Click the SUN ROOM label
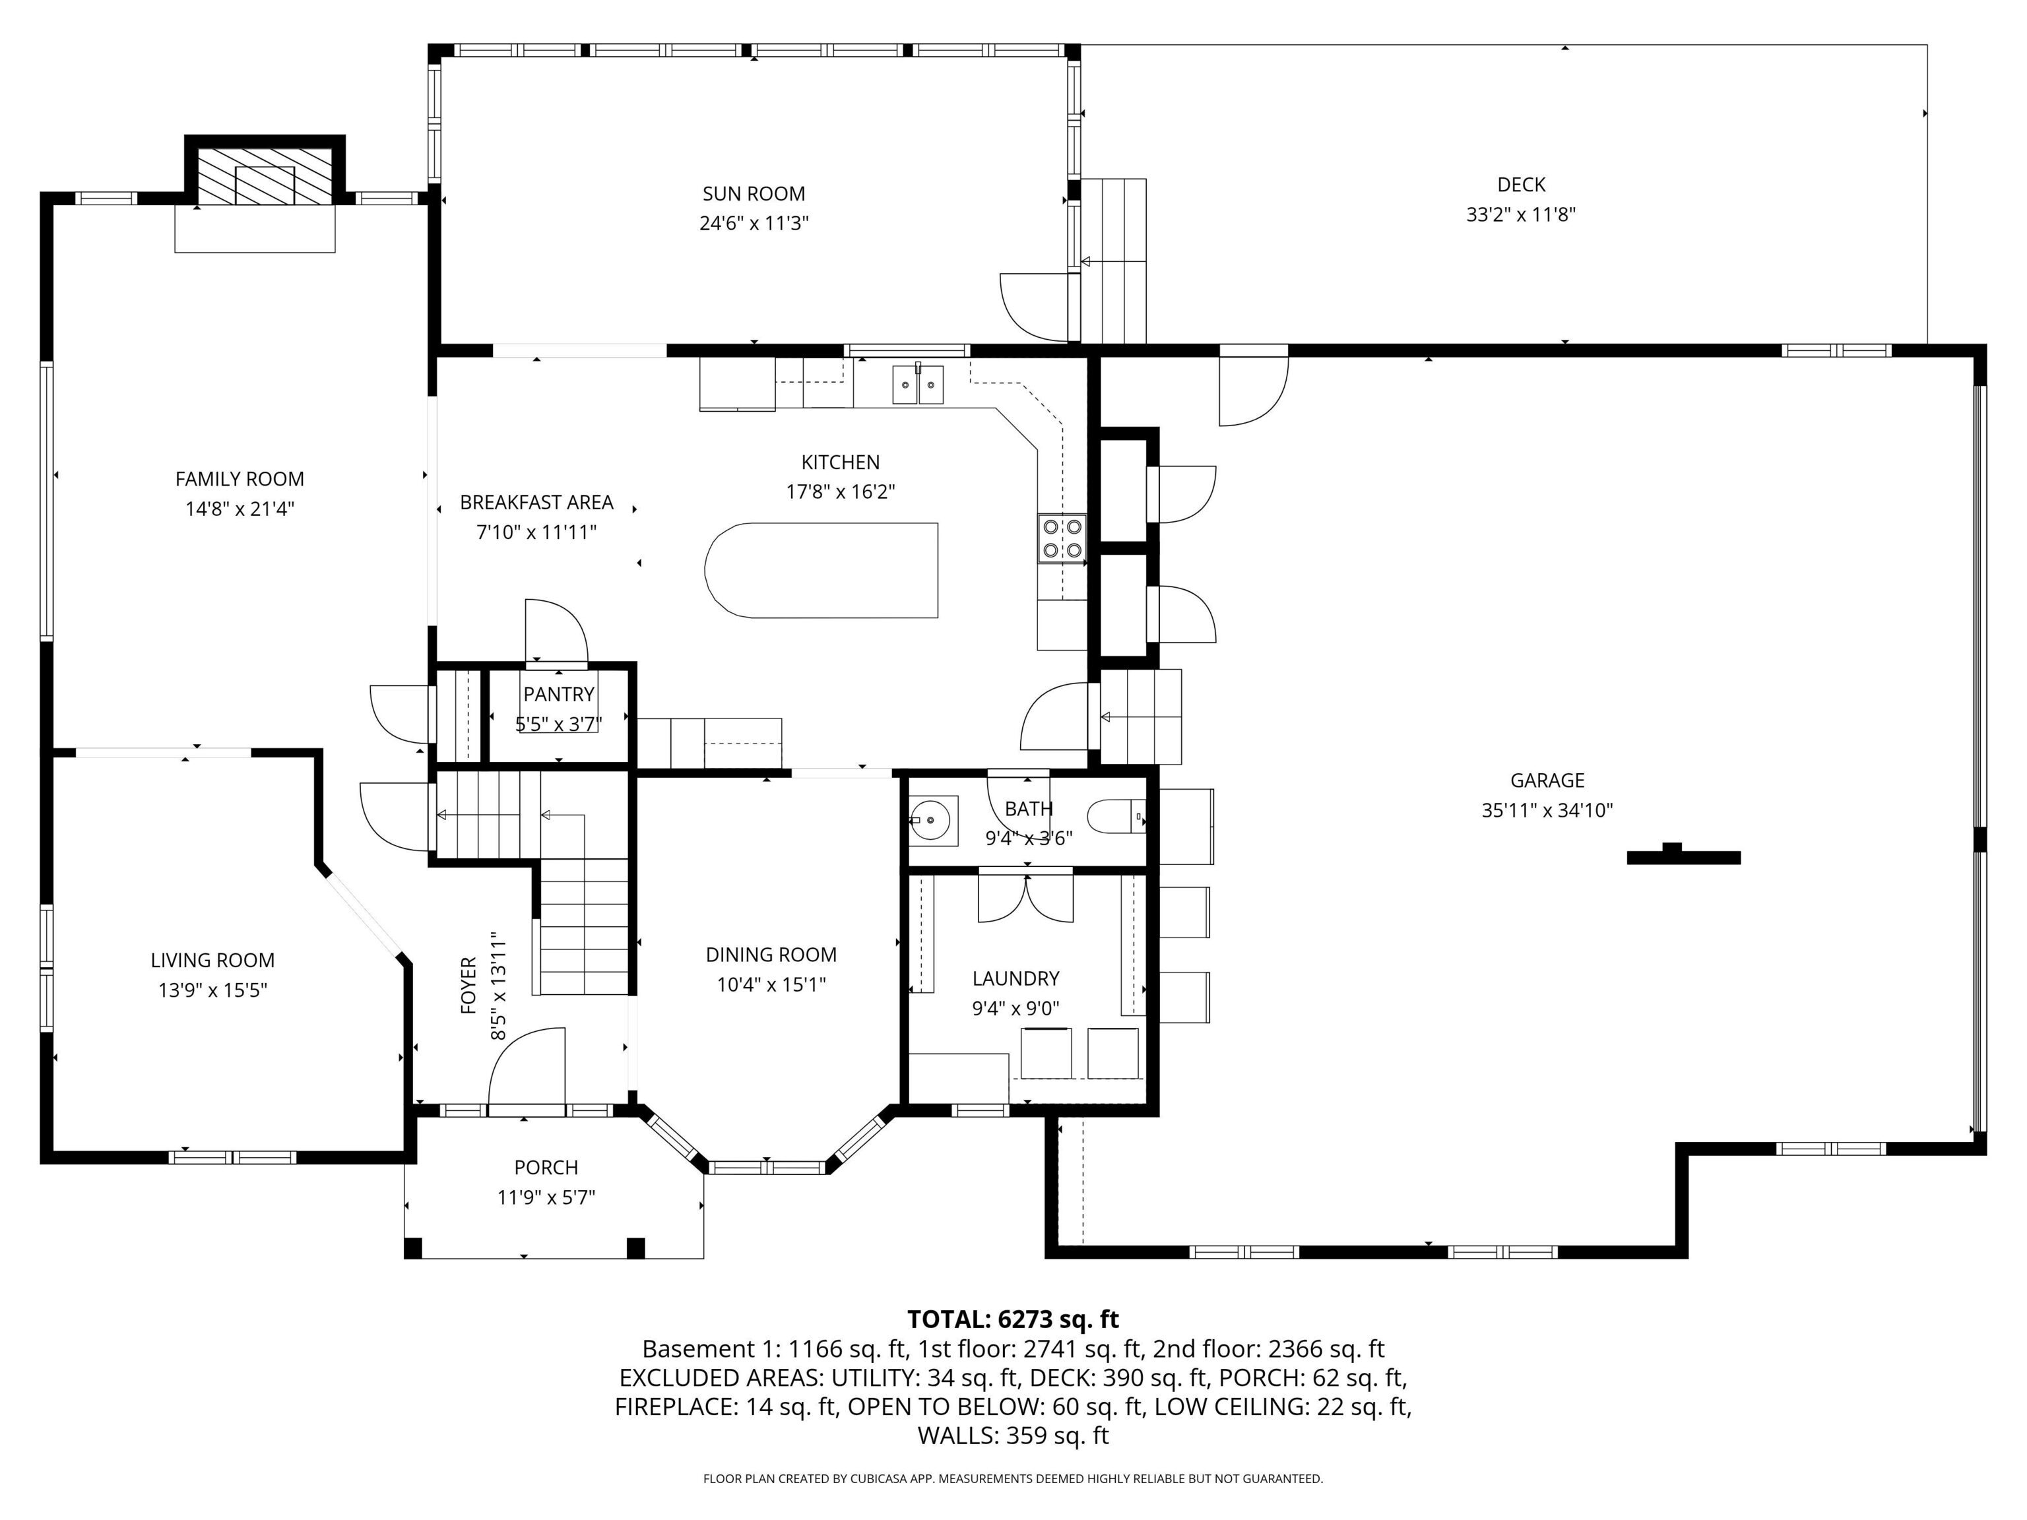point(754,194)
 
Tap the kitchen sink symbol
point(918,384)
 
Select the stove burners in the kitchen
point(1061,538)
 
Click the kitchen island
point(821,570)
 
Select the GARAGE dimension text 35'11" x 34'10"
point(1547,810)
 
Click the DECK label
point(1521,185)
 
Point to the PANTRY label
point(559,695)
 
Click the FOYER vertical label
point(468,985)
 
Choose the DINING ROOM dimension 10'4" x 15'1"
point(771,984)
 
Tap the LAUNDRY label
point(1015,978)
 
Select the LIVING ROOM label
point(212,960)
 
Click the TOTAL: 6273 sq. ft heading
point(1013,1319)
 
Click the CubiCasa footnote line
point(1013,1479)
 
